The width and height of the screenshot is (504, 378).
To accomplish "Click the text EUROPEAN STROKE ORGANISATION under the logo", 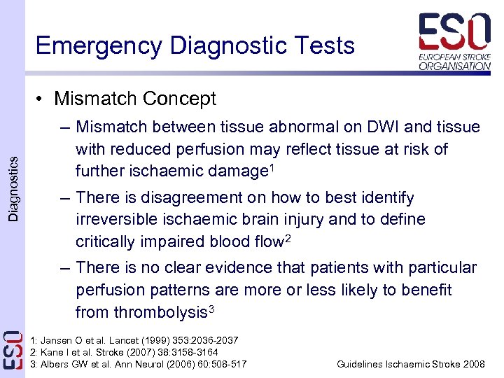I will tap(454, 61).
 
